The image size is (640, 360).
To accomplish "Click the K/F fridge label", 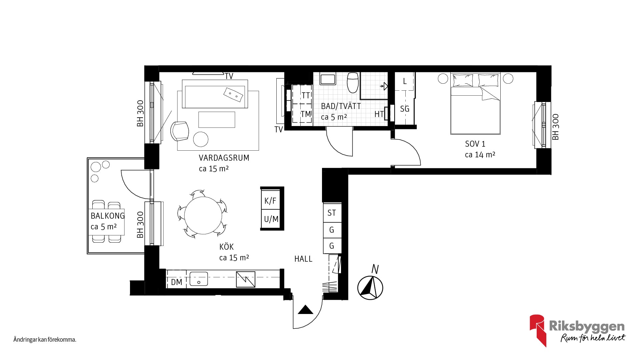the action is coord(270,201).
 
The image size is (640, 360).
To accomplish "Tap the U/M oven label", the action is coord(271,219).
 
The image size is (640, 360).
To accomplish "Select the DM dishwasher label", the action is coord(176,282).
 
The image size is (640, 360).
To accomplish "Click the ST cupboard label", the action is coord(332,213).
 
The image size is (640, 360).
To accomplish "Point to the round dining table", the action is coord(203,215).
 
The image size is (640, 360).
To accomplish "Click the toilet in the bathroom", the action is coord(353,82).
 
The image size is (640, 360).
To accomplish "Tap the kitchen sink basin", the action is coord(199,279).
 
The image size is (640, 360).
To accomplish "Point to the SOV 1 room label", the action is coord(475,144).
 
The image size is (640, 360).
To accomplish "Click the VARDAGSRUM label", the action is coord(224,158).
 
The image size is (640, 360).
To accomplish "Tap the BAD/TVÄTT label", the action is coord(341,106).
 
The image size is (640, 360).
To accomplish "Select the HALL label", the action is coord(303,259).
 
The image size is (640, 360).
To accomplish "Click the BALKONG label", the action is coord(108,216).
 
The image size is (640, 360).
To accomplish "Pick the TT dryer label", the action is coord(306,96).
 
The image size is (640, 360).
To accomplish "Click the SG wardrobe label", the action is coord(405,109).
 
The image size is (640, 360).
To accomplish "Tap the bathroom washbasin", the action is coord(327,79).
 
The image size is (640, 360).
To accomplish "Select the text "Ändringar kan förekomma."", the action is coord(45,340).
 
